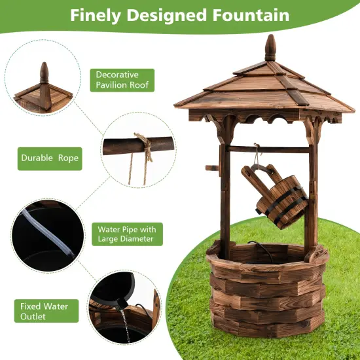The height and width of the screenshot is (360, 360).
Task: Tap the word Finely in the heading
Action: tap(96, 15)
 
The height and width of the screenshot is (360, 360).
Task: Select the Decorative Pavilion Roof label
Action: tap(122, 80)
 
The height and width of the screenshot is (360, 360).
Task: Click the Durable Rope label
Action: tap(49, 158)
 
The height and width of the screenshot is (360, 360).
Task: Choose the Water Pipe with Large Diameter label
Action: tap(126, 234)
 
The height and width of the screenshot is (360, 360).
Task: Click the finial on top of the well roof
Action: tap(270, 48)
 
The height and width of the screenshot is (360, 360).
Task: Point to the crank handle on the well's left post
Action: tap(213, 169)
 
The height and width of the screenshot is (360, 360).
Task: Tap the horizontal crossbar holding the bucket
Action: tap(268, 149)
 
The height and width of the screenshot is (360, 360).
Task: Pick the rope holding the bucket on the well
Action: tap(256, 157)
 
